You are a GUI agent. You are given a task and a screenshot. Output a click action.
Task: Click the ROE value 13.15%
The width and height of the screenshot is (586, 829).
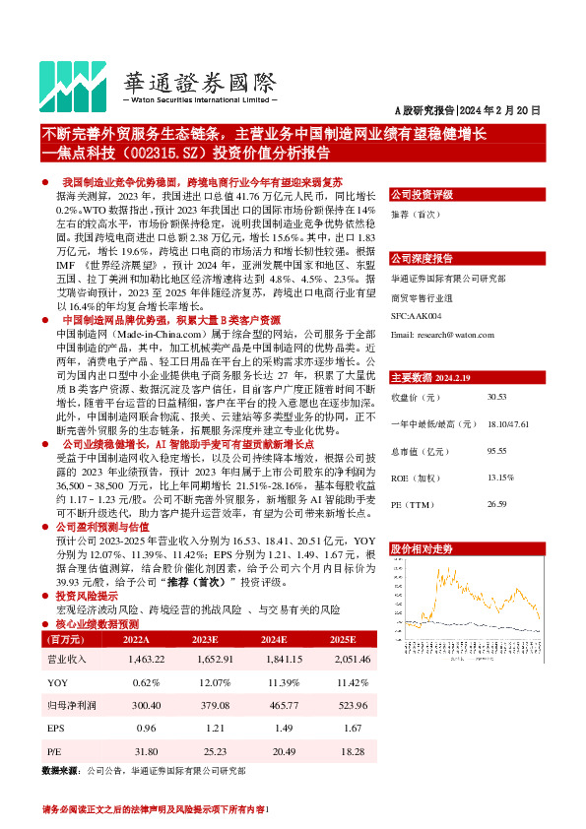pyautogui.click(x=500, y=478)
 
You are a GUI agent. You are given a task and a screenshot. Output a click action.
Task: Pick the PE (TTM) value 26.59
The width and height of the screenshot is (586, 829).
pyautogui.click(x=496, y=505)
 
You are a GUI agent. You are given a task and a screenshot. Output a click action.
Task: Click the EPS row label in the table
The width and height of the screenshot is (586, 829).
pyautogui.click(x=56, y=730)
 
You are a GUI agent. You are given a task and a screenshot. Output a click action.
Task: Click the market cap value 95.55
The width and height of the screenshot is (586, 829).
pyautogui.click(x=496, y=451)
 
